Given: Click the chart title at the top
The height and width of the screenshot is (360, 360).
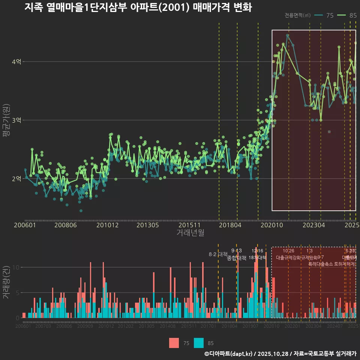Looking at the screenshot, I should (x=138, y=7).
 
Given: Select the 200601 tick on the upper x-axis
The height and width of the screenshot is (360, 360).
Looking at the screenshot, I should (x=25, y=225).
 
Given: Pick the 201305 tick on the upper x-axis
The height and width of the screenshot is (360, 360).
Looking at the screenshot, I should (x=147, y=225).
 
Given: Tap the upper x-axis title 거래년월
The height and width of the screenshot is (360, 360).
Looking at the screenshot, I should (x=190, y=233).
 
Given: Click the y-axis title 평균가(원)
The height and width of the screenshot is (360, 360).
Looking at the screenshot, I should (x=6, y=121).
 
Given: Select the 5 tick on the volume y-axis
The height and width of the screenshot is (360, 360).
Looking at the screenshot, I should (x=17, y=292).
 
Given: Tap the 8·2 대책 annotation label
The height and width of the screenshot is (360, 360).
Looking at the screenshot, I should (x=218, y=254).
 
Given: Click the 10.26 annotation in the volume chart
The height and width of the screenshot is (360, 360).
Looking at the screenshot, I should (x=288, y=251).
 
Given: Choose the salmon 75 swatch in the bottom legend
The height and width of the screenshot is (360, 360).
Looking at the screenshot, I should (x=174, y=343).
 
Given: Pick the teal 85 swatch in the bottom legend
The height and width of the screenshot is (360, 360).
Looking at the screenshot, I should (x=199, y=343).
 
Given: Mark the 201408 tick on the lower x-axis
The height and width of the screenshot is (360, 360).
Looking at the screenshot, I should (x=168, y=327).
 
